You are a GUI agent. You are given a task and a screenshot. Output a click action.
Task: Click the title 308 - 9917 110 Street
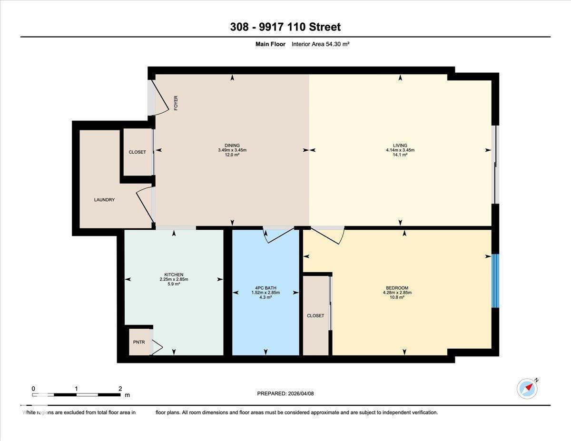click(x=285, y=27)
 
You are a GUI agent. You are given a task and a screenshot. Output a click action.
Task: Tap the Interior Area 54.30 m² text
click(x=321, y=44)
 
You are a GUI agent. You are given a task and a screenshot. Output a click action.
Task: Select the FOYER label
click(x=176, y=103)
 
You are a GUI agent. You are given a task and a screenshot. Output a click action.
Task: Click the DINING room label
click(x=232, y=146)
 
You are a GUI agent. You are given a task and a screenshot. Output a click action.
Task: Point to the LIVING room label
click(x=400, y=146)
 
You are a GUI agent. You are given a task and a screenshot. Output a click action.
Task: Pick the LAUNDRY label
click(x=104, y=200)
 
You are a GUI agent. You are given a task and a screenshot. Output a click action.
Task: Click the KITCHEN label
click(x=174, y=274)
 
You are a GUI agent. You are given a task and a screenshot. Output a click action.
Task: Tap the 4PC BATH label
click(x=266, y=288)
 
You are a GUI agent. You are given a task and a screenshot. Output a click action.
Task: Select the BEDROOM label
click(x=397, y=288)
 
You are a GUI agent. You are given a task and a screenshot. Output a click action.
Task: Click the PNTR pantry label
click(x=139, y=343)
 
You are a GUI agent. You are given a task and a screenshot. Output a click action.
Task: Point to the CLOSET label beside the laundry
click(x=138, y=152)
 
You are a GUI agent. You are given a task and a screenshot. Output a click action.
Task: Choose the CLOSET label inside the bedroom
click(x=315, y=316)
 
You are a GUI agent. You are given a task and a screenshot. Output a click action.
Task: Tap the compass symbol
click(x=527, y=389)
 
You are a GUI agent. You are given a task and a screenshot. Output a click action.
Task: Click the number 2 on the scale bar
click(x=120, y=389)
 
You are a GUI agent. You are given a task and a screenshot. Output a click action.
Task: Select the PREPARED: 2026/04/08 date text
click(x=285, y=393)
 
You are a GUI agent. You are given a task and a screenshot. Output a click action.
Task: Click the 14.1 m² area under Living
click(x=400, y=155)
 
